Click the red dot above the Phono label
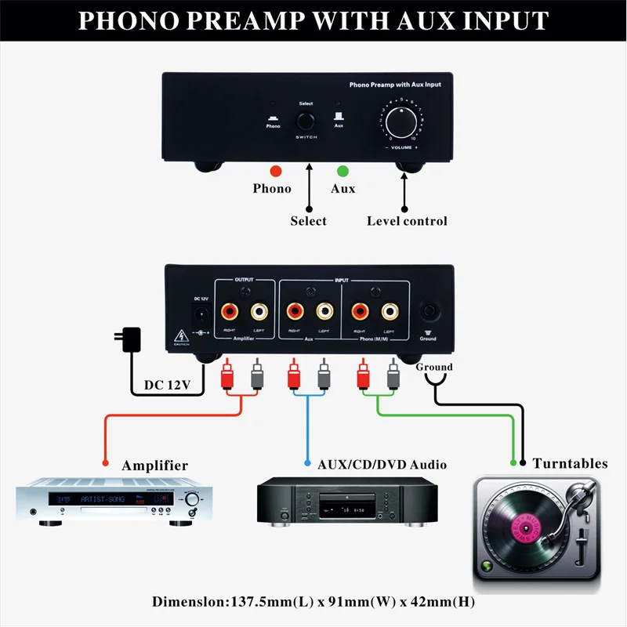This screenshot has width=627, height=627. click(x=274, y=171)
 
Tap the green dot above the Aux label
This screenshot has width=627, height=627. click(x=342, y=171)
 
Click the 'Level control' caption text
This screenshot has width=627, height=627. click(x=407, y=221)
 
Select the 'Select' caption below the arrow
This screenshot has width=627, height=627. click(x=308, y=221)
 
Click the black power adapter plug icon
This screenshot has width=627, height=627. click(x=129, y=340)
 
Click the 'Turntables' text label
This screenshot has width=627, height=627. click(x=570, y=463)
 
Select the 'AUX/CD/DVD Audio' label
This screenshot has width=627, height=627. click(x=382, y=465)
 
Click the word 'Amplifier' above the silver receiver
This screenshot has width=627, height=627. click(x=154, y=466)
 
